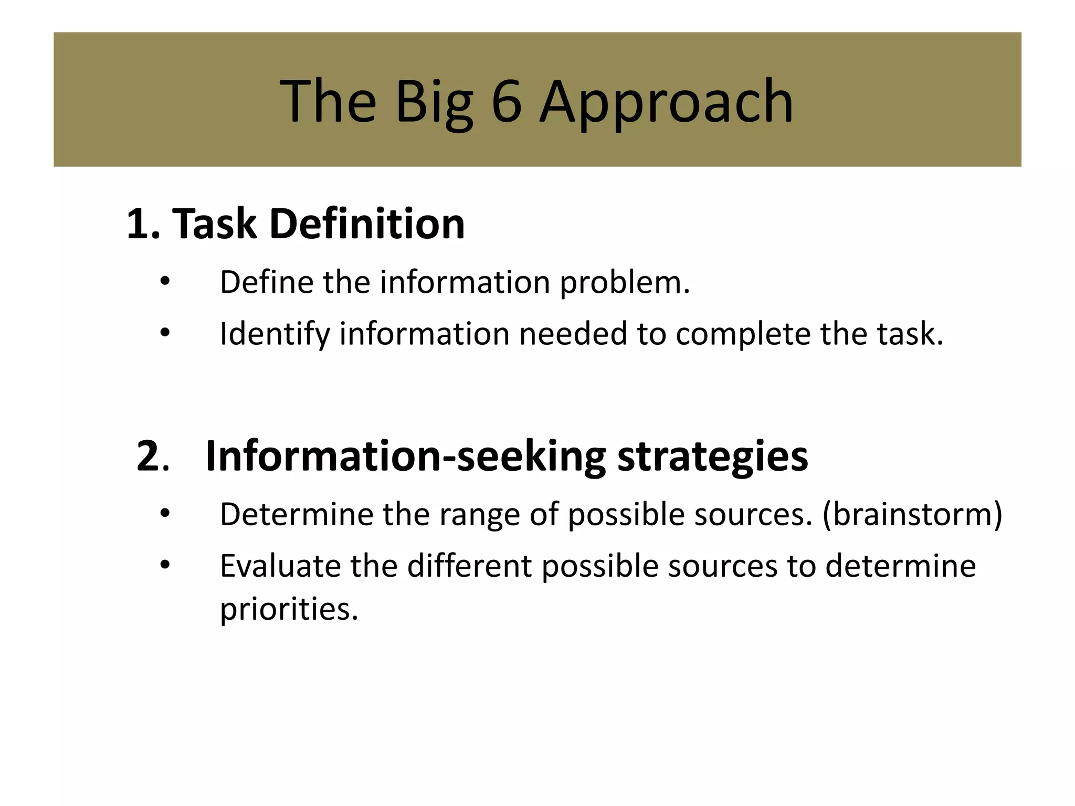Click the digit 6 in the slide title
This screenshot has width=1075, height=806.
coord(507,101)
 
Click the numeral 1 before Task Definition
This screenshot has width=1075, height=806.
coord(138,224)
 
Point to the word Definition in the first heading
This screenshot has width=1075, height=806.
coord(367,224)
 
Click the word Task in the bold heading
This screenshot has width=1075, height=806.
coord(214,224)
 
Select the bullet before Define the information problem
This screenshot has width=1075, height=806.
coord(165,282)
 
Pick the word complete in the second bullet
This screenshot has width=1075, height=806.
coord(743,335)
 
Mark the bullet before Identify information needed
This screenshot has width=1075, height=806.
coord(165,333)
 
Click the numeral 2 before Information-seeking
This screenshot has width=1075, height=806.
coord(147,457)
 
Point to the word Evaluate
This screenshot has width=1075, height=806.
coord(280,566)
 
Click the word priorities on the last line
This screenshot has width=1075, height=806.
coord(289,610)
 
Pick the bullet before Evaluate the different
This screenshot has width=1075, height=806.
coord(165,565)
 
